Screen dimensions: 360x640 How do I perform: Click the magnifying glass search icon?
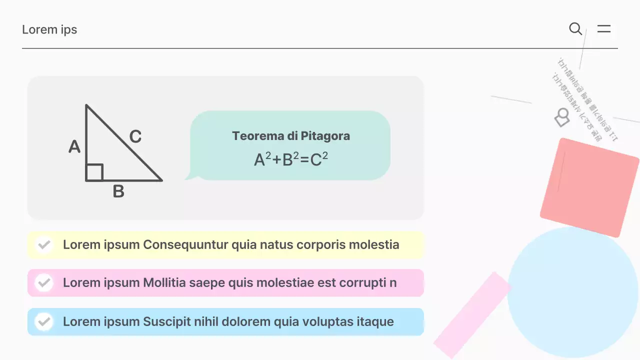click(575, 29)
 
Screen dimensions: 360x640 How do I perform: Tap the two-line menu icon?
click(604, 29)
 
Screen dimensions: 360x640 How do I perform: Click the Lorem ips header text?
click(49, 29)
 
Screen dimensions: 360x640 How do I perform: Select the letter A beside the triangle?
click(74, 147)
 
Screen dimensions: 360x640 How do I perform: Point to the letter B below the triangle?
click(118, 191)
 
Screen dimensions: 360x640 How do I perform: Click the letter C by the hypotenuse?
click(135, 136)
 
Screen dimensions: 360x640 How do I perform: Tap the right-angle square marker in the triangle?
click(94, 172)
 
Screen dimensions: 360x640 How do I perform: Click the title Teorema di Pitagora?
click(291, 136)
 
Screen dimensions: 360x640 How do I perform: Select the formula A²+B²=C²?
click(291, 159)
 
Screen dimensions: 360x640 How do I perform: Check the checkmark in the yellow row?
click(44, 245)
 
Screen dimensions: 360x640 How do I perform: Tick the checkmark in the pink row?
click(44, 283)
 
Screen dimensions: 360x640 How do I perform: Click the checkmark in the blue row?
click(44, 321)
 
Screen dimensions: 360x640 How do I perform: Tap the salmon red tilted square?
click(589, 187)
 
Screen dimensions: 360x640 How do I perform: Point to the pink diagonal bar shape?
click(472, 315)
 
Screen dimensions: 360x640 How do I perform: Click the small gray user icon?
click(562, 118)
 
